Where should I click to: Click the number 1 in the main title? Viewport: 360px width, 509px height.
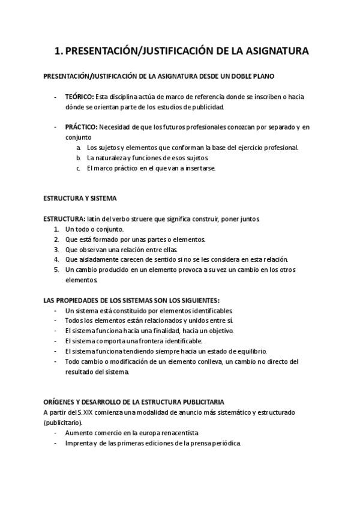[57, 52]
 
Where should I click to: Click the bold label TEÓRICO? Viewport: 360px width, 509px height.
[79, 97]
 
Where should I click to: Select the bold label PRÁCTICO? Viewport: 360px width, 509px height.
[80, 127]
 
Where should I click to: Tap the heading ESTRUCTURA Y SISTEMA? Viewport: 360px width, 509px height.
[80, 198]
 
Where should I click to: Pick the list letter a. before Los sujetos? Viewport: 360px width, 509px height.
[79, 147]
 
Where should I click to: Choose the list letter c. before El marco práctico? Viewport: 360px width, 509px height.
[79, 168]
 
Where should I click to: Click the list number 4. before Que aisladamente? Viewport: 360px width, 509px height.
[56, 259]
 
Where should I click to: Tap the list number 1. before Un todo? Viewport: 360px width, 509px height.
[56, 229]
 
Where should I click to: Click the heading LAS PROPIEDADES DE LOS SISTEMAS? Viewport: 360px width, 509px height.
[131, 300]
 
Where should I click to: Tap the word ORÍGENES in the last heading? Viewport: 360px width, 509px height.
[61, 401]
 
